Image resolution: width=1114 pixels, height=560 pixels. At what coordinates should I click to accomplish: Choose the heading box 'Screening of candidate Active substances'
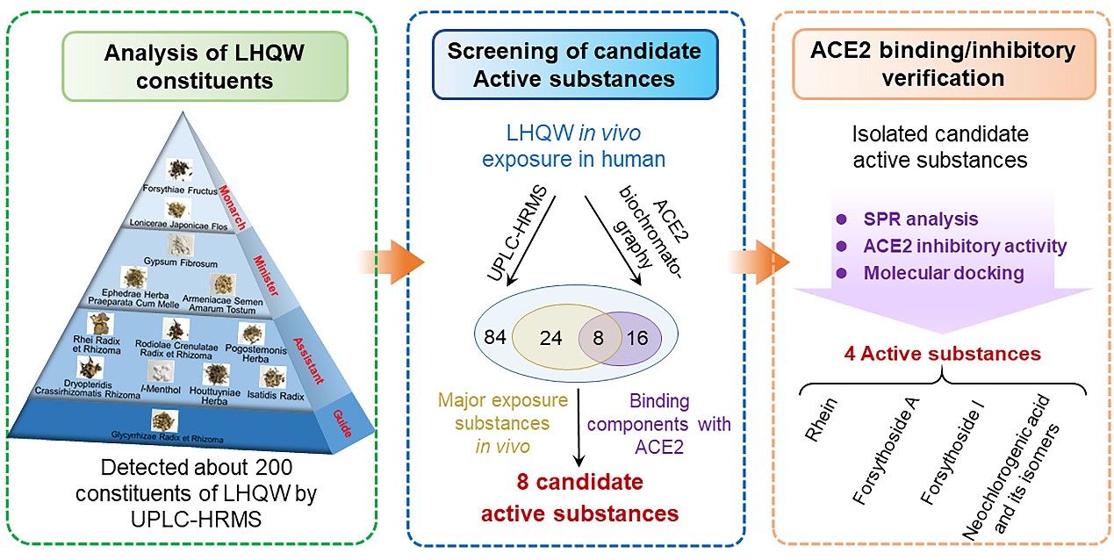click(x=574, y=65)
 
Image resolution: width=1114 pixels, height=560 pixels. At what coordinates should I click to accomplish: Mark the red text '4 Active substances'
click(x=943, y=354)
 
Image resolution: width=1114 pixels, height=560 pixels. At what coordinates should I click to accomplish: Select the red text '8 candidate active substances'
click(x=575, y=496)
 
